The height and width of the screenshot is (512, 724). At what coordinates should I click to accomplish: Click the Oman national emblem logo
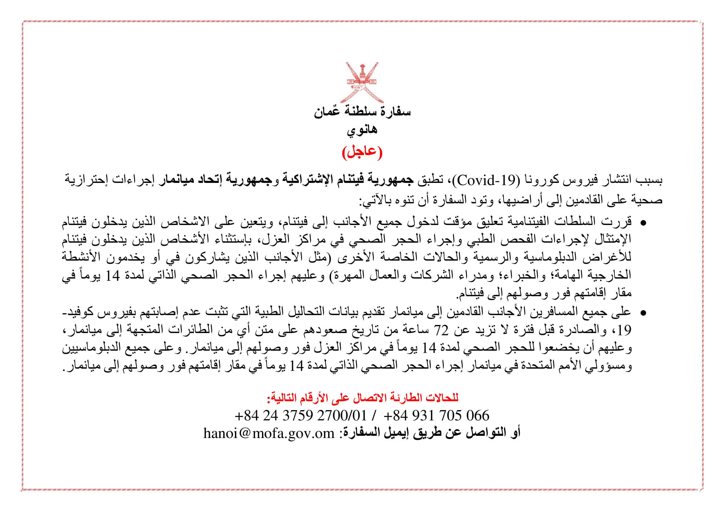[x=362, y=83]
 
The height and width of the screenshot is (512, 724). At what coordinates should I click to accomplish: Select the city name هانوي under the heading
[x=362, y=130]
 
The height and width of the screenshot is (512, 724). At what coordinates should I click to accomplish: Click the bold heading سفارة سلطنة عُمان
[x=362, y=112]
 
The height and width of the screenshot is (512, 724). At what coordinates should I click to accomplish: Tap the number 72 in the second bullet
[x=441, y=330]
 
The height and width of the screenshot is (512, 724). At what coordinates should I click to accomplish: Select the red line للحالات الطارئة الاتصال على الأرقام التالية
[x=363, y=398]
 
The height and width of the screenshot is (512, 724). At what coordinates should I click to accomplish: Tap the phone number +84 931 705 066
[x=436, y=415]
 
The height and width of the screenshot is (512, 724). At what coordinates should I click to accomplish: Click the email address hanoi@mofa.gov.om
[x=269, y=433]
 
